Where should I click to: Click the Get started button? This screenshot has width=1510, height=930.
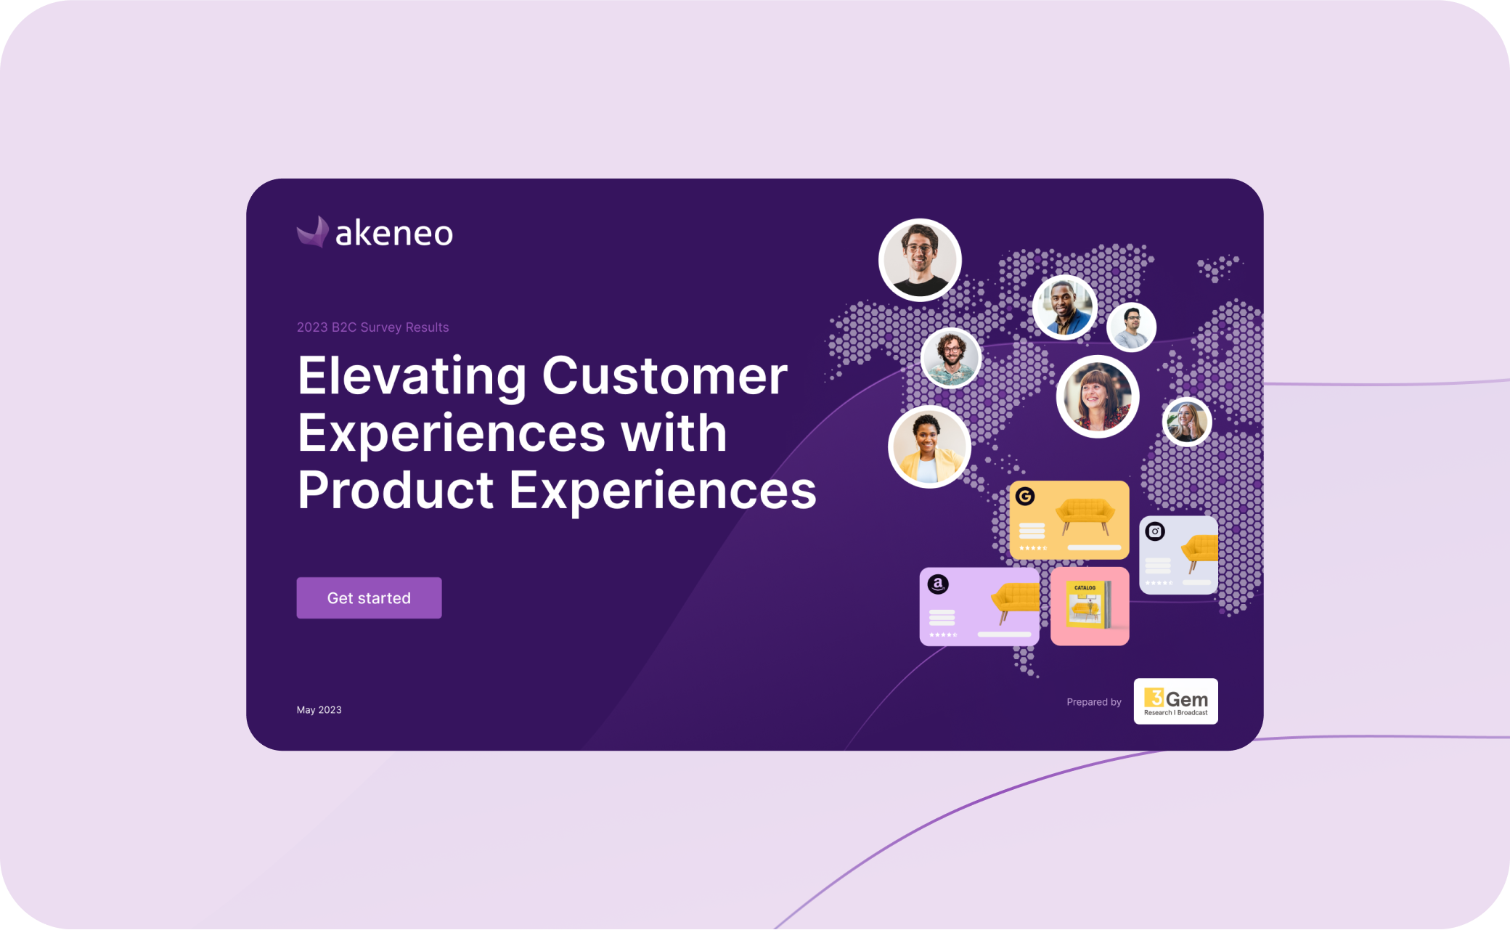tap(369, 597)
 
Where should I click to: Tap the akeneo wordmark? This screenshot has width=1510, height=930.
tap(394, 233)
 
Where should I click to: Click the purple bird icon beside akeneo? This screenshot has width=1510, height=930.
tap(313, 232)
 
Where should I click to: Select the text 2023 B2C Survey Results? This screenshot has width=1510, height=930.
tap(372, 327)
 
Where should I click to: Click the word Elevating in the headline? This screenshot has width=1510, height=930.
tap(412, 376)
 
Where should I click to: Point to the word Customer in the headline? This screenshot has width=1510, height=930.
tap(664, 376)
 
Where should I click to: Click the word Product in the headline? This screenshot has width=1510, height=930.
tap(396, 490)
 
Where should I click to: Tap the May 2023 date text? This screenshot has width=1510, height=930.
tap(319, 710)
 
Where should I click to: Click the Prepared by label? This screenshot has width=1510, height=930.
tap(1093, 702)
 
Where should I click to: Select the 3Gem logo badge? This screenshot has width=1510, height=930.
tap(1175, 701)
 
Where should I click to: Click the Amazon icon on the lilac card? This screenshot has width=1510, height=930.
tap(938, 584)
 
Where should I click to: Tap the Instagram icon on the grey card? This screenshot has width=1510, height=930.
tap(1155, 531)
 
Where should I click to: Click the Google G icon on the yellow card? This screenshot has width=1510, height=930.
tap(1025, 497)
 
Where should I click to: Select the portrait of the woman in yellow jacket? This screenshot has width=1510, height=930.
tap(929, 447)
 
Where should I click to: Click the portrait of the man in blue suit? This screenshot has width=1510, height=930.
tap(1065, 307)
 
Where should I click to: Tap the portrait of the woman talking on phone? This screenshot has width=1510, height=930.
tap(1187, 421)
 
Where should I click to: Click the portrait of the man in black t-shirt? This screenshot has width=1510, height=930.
tap(920, 260)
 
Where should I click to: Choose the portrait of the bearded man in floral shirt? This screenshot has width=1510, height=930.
tap(951, 358)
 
